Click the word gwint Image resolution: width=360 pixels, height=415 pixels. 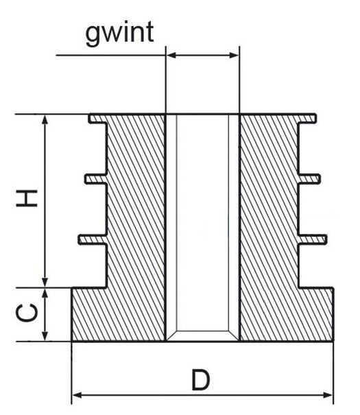[x=119, y=34]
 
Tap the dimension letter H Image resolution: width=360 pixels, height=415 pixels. [x=27, y=198]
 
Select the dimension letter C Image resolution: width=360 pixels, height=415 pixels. [x=27, y=313]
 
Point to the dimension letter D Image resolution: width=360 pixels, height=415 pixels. [x=200, y=380]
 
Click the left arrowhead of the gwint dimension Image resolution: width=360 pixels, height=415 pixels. [x=171, y=56]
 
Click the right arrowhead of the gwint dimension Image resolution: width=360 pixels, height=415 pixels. [x=234, y=56]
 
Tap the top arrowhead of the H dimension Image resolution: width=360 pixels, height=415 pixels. [x=45, y=121]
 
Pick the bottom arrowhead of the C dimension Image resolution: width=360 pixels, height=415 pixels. [x=45, y=335]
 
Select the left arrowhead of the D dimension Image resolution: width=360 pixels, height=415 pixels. [x=77, y=395]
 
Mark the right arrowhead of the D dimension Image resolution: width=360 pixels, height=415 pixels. [x=327, y=395]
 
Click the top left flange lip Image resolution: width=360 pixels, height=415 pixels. [x=98, y=118]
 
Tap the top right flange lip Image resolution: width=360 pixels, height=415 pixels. [x=307, y=118]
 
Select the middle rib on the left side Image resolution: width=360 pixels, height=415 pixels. [x=96, y=179]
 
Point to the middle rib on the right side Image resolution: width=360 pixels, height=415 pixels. [x=309, y=179]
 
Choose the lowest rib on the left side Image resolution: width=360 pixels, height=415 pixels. [x=93, y=239]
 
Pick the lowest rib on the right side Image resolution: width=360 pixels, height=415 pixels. [x=313, y=239]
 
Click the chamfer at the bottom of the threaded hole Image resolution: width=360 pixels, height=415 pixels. [x=202, y=335]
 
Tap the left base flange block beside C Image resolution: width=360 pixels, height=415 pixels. [x=89, y=314]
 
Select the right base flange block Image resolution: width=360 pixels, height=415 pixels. [x=316, y=314]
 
